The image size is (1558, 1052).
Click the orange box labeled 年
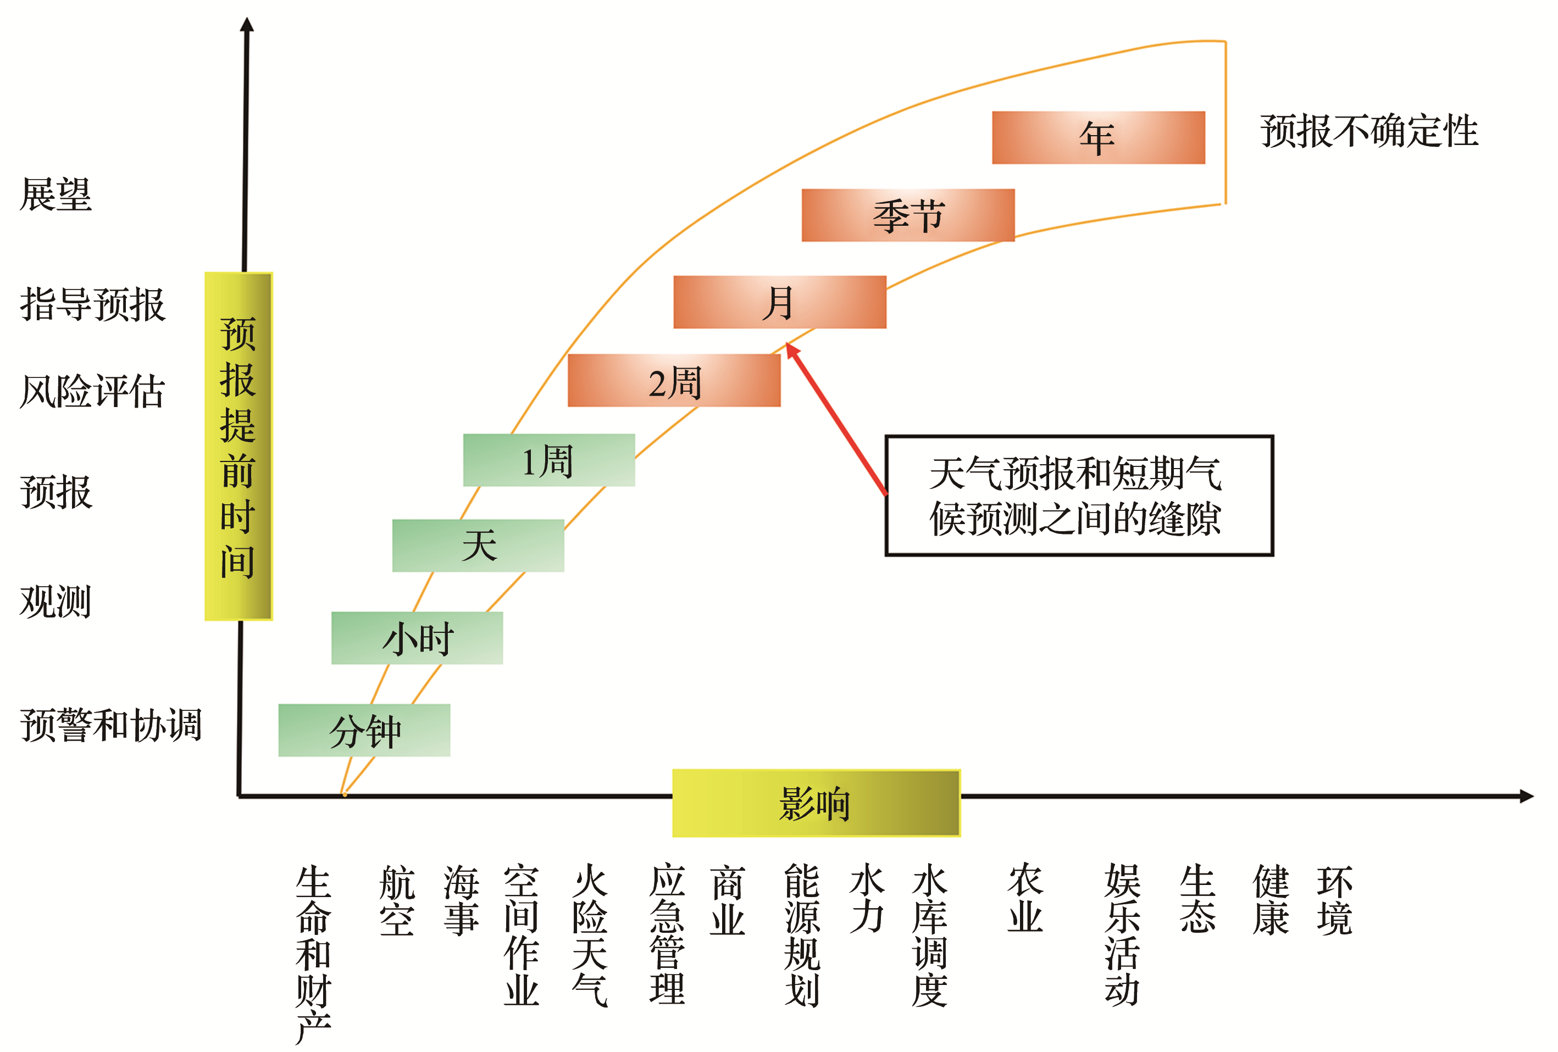tap(1098, 137)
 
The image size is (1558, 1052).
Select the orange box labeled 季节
tap(908, 215)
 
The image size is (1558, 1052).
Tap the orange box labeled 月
tap(780, 302)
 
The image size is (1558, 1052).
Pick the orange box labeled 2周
tap(674, 381)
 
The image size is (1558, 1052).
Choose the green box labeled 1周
tap(549, 460)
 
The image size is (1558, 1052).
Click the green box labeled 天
tap(478, 546)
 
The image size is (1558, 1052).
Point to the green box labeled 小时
tap(417, 638)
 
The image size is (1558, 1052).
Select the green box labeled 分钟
tap(364, 731)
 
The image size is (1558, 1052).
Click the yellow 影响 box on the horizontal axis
tap(816, 803)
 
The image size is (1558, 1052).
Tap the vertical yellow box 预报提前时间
tap(239, 446)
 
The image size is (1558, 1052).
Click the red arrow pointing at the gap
tap(836, 419)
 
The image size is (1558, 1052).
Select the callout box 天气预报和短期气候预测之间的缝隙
tap(1079, 496)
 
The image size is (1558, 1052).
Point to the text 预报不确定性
tap(1369, 131)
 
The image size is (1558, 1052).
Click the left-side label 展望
tap(56, 194)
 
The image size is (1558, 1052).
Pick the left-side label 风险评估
tap(92, 391)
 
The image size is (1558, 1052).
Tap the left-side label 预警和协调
tap(110, 725)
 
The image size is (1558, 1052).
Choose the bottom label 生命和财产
tap(313, 954)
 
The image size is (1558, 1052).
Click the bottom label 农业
tap(1025, 899)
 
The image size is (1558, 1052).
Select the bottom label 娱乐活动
tap(1122, 936)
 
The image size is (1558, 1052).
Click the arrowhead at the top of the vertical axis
tap(247, 24)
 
